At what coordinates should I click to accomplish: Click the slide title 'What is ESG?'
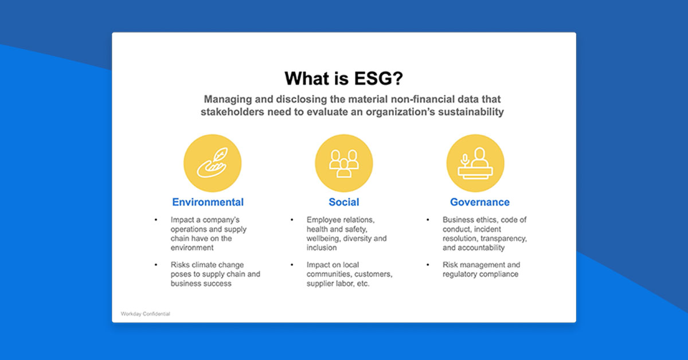click(x=343, y=78)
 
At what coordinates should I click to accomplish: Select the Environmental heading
click(x=208, y=202)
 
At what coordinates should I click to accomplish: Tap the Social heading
click(x=344, y=202)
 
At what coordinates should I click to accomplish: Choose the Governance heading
click(x=479, y=202)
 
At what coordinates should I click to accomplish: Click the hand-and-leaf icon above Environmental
click(x=212, y=163)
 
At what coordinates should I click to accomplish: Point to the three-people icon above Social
click(x=344, y=163)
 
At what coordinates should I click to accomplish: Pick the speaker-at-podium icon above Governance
click(x=475, y=163)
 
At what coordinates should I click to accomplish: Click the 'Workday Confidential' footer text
click(x=146, y=314)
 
